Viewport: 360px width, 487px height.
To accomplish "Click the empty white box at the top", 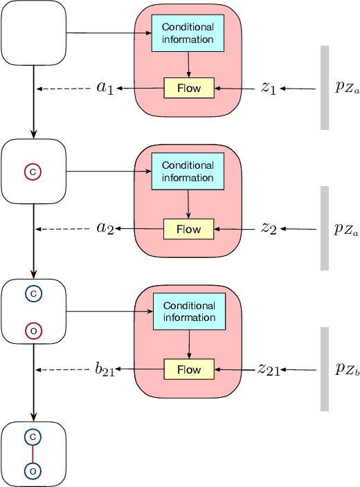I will pos(35,33).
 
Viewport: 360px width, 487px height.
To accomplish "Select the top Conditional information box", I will pos(188,34).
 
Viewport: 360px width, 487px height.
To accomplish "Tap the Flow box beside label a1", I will pos(188,89).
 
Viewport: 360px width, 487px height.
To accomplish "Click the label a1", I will pos(105,89).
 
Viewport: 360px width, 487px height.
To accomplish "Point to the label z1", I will pos(268,89).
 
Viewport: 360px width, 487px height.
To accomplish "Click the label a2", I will pos(105,229).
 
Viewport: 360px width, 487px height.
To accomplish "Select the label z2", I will pos(268,229).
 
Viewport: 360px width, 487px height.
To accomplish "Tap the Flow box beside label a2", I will pos(188,229).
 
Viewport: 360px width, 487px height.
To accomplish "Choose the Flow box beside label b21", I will pos(188,369).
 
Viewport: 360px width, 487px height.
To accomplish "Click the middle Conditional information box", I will pos(188,172).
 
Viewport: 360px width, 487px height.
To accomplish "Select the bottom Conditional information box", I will pos(188,312).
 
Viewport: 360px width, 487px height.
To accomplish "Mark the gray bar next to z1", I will pos(324,88).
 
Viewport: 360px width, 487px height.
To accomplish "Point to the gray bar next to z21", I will pos(324,369).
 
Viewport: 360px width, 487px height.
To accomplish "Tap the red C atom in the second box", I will pos(33,171).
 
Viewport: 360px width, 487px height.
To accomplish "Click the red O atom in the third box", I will pos(33,331).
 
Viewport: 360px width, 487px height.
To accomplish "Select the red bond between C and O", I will pos(33,454).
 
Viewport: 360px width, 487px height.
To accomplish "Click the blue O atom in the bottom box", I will pos(33,471).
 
